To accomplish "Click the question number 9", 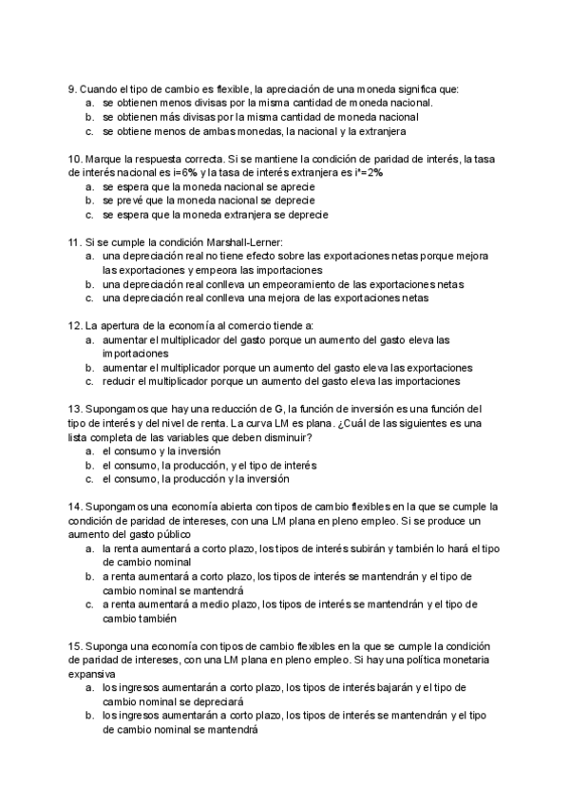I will click(72, 88).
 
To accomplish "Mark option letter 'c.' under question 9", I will click(88, 131).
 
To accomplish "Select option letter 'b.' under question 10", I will click(88, 201).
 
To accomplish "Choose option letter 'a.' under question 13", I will click(88, 451).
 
